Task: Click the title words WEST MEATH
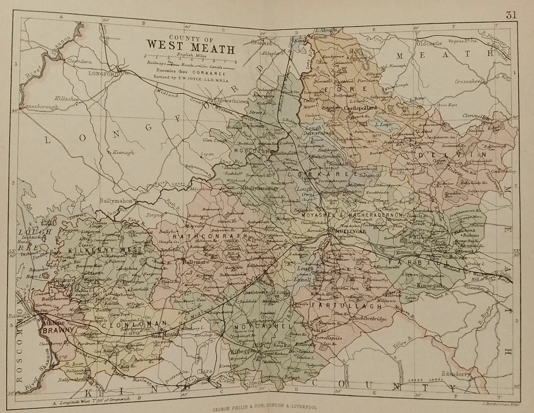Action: (190, 45)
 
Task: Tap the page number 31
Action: (511, 15)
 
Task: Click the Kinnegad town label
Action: (430, 286)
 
